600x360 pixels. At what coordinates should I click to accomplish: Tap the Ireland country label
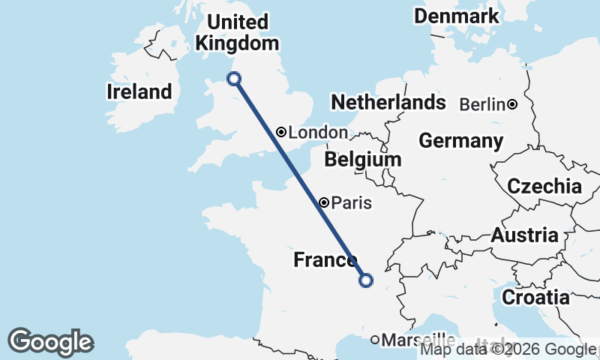point(139,92)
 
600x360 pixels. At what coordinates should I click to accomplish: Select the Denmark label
point(456,16)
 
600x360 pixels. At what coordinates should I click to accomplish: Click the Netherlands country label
point(388,103)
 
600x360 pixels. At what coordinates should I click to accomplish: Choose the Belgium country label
point(363,160)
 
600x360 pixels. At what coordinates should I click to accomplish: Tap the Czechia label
point(544,187)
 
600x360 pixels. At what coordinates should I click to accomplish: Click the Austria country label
point(525,235)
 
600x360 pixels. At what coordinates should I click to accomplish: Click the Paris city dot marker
point(324,202)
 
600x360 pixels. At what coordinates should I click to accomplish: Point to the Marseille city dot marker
point(375,340)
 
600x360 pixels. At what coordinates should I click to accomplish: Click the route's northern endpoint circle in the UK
point(233,78)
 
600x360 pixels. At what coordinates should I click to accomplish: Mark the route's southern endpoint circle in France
point(366,280)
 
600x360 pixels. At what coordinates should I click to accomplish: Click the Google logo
point(50,342)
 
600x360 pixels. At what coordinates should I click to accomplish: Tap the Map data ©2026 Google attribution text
point(508,349)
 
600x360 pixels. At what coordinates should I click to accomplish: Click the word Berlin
point(482,104)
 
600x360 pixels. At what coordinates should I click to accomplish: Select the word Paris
point(351,202)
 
